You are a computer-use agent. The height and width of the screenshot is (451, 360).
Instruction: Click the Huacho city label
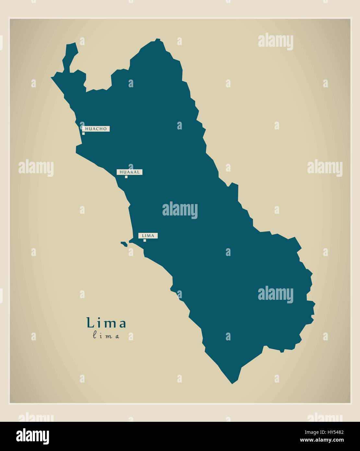[x=96, y=129]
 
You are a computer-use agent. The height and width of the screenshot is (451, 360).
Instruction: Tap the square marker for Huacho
[x=83, y=133]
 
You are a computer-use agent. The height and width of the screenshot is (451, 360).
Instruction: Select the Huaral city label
[x=130, y=172]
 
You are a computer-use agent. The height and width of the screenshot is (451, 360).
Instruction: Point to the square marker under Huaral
[x=126, y=177]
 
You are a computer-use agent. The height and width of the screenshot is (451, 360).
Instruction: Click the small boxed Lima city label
[x=148, y=236]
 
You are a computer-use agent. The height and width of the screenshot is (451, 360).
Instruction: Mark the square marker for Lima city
[x=145, y=240]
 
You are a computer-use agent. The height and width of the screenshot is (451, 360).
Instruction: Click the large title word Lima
[x=106, y=323]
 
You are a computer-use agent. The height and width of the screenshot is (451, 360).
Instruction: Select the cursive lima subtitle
[x=106, y=336]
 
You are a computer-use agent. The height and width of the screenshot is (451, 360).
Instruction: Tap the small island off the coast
[x=124, y=244]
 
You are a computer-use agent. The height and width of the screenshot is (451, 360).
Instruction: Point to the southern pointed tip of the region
[x=232, y=383]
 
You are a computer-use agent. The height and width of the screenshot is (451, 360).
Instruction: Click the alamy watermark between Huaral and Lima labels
[x=180, y=210]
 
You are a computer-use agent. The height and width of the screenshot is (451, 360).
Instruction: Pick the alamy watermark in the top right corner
[x=275, y=42]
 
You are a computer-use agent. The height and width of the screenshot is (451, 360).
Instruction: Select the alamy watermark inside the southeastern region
[x=275, y=295]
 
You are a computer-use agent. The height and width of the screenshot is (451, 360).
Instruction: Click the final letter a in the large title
[x=123, y=324]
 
